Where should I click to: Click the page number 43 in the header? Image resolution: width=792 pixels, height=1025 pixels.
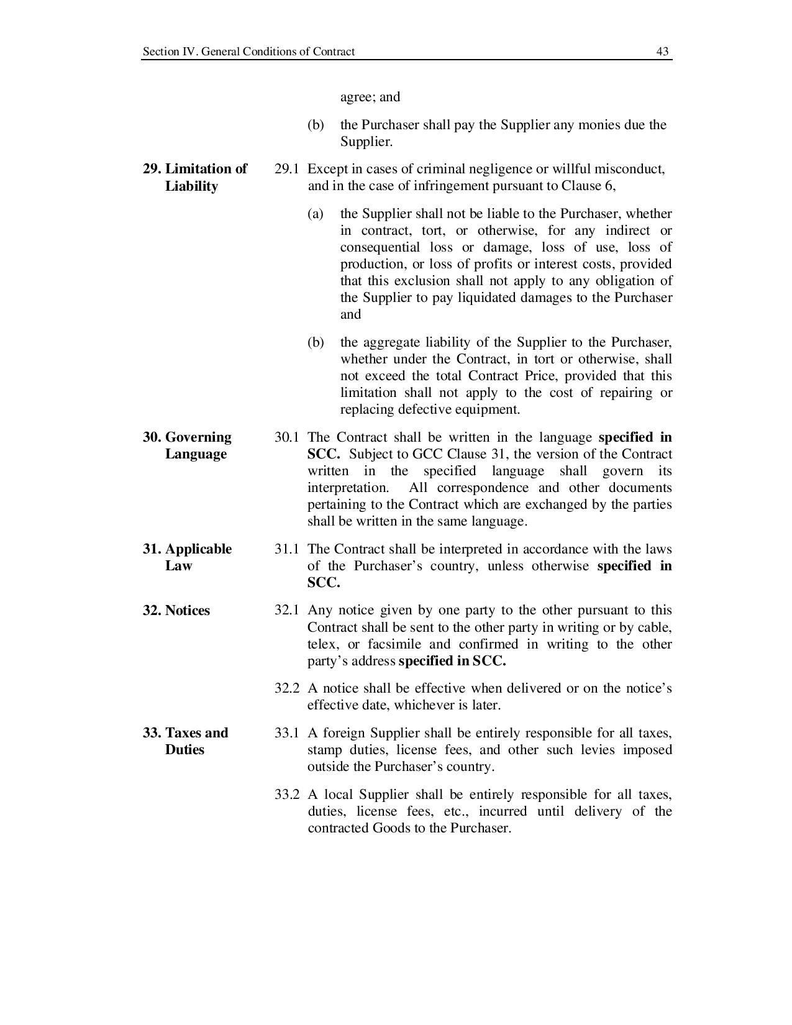[662, 52]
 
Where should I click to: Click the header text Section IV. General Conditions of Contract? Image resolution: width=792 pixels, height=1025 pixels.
[248, 52]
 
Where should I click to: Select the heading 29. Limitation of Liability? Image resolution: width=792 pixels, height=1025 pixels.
[195, 178]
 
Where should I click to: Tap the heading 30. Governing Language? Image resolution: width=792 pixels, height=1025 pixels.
[187, 445]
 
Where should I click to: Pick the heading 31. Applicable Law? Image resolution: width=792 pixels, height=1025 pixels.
[187, 557]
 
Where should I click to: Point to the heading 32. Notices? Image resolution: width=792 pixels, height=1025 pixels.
[176, 611]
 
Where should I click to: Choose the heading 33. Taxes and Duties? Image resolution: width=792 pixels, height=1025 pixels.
[185, 741]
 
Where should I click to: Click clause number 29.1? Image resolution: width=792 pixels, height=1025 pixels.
[286, 169]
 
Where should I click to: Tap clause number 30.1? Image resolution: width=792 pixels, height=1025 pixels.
[286, 437]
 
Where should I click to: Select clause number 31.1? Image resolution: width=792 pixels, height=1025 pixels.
[286, 549]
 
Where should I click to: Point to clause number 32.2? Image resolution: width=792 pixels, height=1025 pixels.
[286, 688]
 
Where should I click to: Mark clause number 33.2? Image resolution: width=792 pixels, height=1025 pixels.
[286, 795]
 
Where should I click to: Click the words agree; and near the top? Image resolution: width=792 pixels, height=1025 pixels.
[370, 97]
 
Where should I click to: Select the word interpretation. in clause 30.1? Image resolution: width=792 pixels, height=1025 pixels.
[348, 488]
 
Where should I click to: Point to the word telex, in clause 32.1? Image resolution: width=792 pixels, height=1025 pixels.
[322, 644]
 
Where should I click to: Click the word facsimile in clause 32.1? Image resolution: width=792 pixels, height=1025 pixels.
[394, 644]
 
